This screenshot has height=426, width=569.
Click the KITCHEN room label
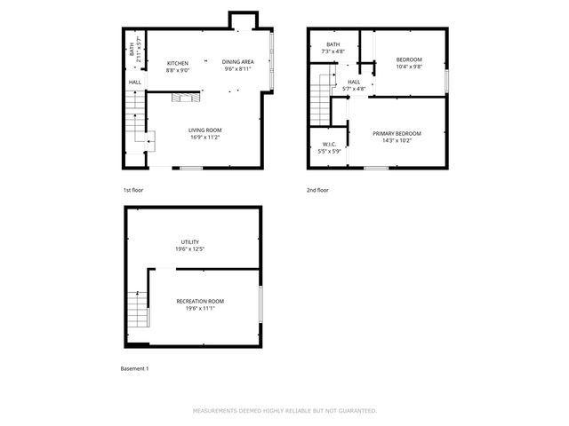tap(178, 62)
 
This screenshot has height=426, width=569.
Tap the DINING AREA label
tap(237, 62)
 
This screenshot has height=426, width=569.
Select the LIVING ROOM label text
tap(204, 130)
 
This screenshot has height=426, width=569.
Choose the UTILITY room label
tap(190, 242)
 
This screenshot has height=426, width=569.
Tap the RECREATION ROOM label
tap(200, 302)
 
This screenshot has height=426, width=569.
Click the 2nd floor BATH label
tap(333, 45)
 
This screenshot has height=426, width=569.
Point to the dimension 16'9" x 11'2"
tap(204, 138)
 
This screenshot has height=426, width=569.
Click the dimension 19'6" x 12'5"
tap(190, 249)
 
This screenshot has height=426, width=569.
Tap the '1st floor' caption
tap(133, 190)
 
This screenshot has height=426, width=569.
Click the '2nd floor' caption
tap(317, 190)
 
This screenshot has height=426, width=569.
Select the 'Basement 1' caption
tap(134, 368)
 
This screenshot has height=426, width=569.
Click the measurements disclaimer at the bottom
tap(284, 411)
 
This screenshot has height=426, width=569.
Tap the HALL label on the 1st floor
tap(135, 83)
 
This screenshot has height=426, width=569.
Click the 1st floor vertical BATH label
tap(132, 51)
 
